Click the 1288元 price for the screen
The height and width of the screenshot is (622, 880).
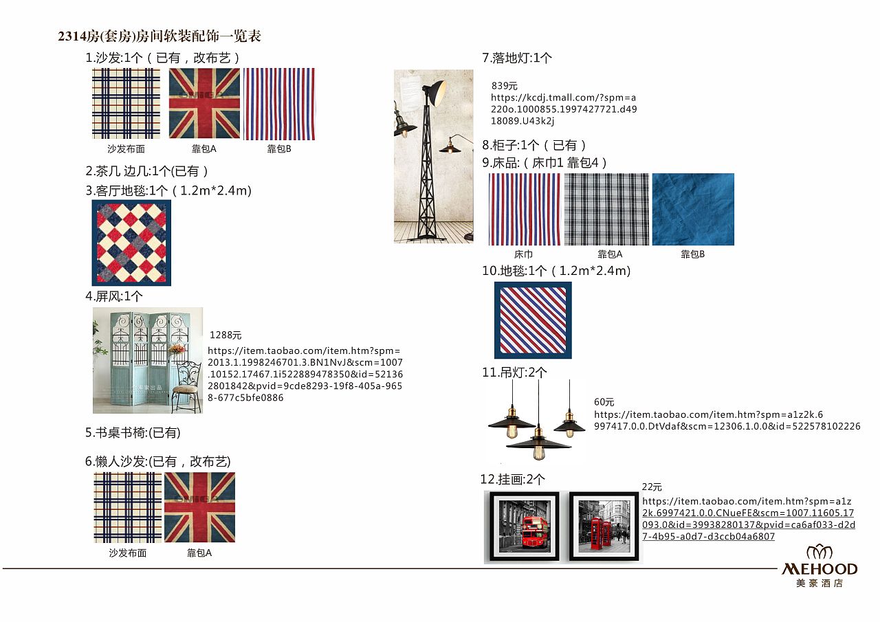pyautogui.click(x=225, y=335)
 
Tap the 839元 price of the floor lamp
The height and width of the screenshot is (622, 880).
pyautogui.click(x=505, y=86)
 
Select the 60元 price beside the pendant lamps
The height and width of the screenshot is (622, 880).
pyautogui.click(x=604, y=402)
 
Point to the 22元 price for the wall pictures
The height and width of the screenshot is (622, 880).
pyautogui.click(x=652, y=487)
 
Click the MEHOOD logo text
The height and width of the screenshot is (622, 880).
pyautogui.click(x=819, y=569)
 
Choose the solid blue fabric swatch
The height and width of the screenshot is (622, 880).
pyautogui.click(x=693, y=209)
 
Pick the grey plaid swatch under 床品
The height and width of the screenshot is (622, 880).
pyautogui.click(x=606, y=209)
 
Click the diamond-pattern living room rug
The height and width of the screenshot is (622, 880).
pyautogui.click(x=131, y=243)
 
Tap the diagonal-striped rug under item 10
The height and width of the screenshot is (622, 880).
pyautogui.click(x=533, y=320)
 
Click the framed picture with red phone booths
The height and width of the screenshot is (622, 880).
pyautogui.click(x=604, y=526)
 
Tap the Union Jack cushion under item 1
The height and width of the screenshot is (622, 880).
pyautogui.click(x=204, y=103)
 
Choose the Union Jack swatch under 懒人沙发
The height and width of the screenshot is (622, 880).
pyautogui.click(x=199, y=507)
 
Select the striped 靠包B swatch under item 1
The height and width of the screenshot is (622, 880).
pyautogui.click(x=279, y=104)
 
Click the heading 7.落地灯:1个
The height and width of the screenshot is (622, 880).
pyautogui.click(x=517, y=58)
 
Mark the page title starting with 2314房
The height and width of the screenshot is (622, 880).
pyautogui.click(x=159, y=36)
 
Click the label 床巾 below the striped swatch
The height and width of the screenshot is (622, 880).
pyautogui.click(x=524, y=254)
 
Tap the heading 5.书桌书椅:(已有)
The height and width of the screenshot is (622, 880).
pyautogui.click(x=133, y=433)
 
